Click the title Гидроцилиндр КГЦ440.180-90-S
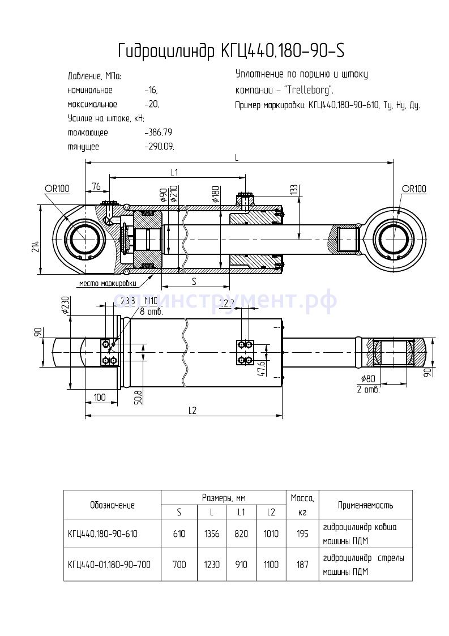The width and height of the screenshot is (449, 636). coord(231,52)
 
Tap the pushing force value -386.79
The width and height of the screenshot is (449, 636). coord(159,133)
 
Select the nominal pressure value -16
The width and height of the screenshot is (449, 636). coord(151,91)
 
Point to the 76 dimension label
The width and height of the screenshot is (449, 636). coord(96,187)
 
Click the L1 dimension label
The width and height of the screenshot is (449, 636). coord(174,172)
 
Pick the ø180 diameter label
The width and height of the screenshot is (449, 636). coord(216,194)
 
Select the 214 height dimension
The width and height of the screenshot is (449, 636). coord(35,247)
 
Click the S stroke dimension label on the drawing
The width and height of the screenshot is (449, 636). coord(194,281)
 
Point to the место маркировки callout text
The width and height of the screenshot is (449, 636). coord(108,283)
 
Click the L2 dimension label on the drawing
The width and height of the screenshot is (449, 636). coord(193,411)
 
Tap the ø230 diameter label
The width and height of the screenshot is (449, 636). coord(65,306)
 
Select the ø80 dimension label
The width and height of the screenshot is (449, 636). coord(369,379)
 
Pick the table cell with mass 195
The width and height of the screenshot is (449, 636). coord(302,533)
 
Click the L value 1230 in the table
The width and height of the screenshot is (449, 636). coord(211,564)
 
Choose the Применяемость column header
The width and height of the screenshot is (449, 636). coord(365,505)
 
